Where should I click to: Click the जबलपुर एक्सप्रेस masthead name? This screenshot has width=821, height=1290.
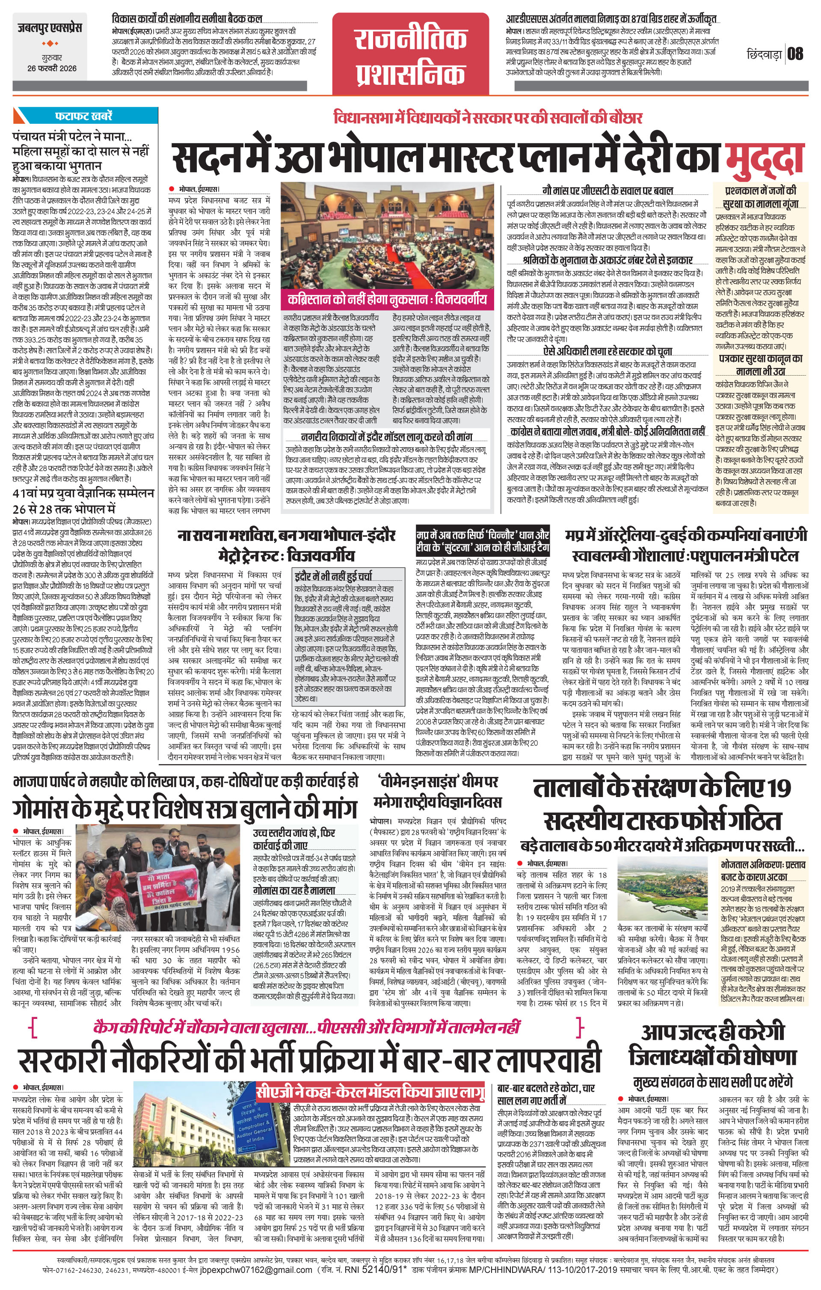pyautogui.click(x=48, y=28)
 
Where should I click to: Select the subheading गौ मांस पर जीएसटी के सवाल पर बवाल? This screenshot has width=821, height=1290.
pyautogui.click(x=607, y=190)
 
